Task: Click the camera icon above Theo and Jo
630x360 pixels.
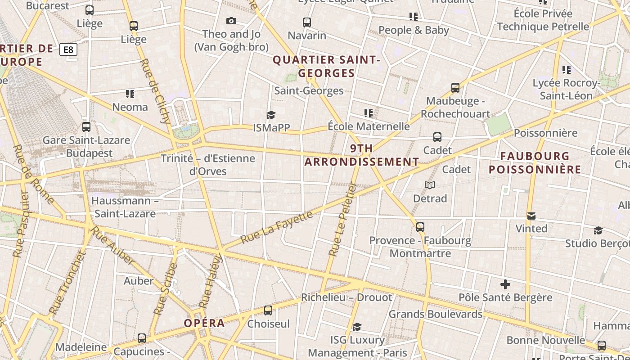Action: coord(231,21)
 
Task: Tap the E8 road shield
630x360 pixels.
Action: coord(68,49)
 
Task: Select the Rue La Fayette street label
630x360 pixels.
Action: coord(277,227)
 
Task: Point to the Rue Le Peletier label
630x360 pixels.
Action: coord(342,219)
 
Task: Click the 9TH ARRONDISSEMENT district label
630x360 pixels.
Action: coord(362,155)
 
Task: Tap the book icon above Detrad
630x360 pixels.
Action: coord(430,185)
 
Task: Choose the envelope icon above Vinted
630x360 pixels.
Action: coord(531,216)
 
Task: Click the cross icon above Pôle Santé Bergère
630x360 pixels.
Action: coord(505,284)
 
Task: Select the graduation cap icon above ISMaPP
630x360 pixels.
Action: coord(271,115)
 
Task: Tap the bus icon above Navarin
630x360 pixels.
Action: coord(307,22)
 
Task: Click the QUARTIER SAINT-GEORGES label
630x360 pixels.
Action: coord(327,66)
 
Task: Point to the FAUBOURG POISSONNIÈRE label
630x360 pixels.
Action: coord(535,163)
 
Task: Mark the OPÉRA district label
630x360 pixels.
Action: coord(204,323)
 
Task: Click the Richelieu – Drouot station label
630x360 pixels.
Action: coord(346,297)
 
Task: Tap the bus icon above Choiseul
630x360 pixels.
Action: coord(268,310)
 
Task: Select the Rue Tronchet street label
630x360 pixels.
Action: coord(67,283)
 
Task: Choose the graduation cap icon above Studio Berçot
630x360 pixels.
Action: coord(598,230)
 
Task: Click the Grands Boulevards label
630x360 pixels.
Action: coord(436,314)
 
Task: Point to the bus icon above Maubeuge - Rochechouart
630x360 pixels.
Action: coord(455,87)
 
